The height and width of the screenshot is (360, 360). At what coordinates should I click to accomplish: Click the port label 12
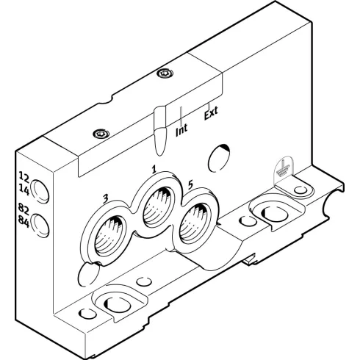(24, 177)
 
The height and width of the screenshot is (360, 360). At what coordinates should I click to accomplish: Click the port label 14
(24, 190)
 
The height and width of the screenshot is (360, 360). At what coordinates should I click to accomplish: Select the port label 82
(24, 210)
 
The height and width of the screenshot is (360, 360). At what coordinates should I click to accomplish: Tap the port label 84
(24, 222)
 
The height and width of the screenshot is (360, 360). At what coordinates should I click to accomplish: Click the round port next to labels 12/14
(40, 191)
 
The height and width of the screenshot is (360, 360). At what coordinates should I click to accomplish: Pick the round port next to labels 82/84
(40, 225)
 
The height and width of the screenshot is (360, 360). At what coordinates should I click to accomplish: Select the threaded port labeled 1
(157, 207)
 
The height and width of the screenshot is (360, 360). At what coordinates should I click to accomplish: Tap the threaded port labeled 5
(193, 224)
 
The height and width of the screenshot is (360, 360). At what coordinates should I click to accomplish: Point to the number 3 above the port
(105, 199)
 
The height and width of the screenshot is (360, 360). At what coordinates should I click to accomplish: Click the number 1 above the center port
(154, 170)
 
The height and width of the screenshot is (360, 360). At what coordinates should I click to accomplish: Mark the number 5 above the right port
(190, 185)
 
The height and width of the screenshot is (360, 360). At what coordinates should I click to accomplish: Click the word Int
(181, 130)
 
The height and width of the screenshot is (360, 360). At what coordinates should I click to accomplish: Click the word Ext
(211, 114)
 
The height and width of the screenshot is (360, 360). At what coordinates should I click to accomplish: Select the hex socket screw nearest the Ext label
(165, 73)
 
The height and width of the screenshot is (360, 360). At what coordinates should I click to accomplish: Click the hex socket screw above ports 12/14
(101, 134)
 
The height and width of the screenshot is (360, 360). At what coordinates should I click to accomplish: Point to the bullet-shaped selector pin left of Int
(160, 131)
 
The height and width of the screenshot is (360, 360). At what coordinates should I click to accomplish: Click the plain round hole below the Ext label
(219, 158)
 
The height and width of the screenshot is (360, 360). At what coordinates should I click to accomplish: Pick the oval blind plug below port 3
(88, 275)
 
